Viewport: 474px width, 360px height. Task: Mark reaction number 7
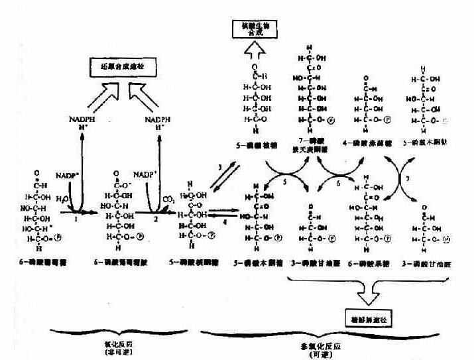410,180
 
